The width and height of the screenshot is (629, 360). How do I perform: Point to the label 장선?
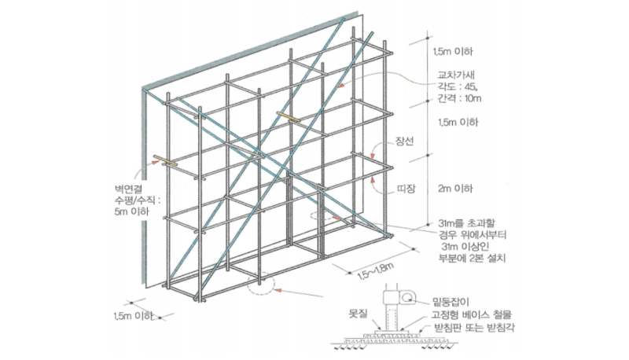(x=404, y=141)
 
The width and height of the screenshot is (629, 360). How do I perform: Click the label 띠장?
(x=406, y=189)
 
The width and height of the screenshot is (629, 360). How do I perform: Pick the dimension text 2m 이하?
(x=455, y=189)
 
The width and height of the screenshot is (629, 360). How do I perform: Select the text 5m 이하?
(x=131, y=211)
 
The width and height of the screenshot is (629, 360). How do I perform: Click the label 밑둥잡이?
(x=451, y=302)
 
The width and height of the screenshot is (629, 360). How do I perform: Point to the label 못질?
(x=358, y=313)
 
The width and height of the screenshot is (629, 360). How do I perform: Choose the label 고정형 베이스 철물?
(x=472, y=314)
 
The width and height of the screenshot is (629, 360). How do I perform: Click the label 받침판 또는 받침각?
(x=474, y=328)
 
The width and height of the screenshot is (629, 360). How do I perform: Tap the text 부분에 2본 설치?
(x=473, y=257)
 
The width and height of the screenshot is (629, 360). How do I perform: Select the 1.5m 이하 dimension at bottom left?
(x=133, y=316)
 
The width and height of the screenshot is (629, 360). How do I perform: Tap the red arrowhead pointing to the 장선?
(x=372, y=156)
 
